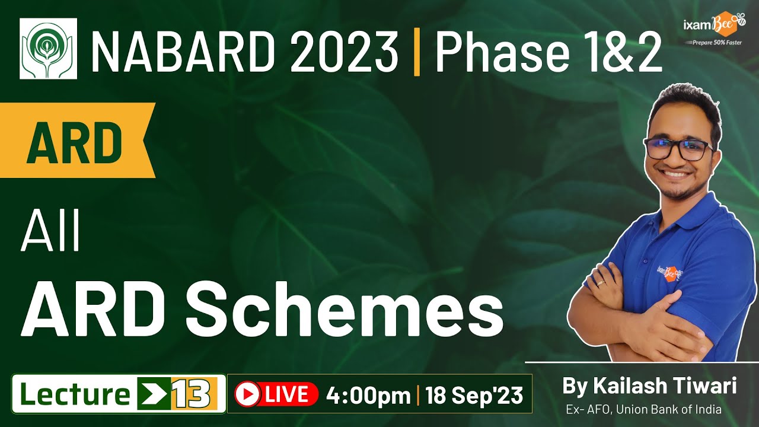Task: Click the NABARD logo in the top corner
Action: click(48, 48)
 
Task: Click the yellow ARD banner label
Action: click(74, 143)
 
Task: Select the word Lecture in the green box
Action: click(72, 394)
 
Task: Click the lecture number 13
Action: click(190, 394)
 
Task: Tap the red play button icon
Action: click(247, 394)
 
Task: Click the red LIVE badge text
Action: click(286, 394)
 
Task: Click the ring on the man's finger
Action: click(601, 283)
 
